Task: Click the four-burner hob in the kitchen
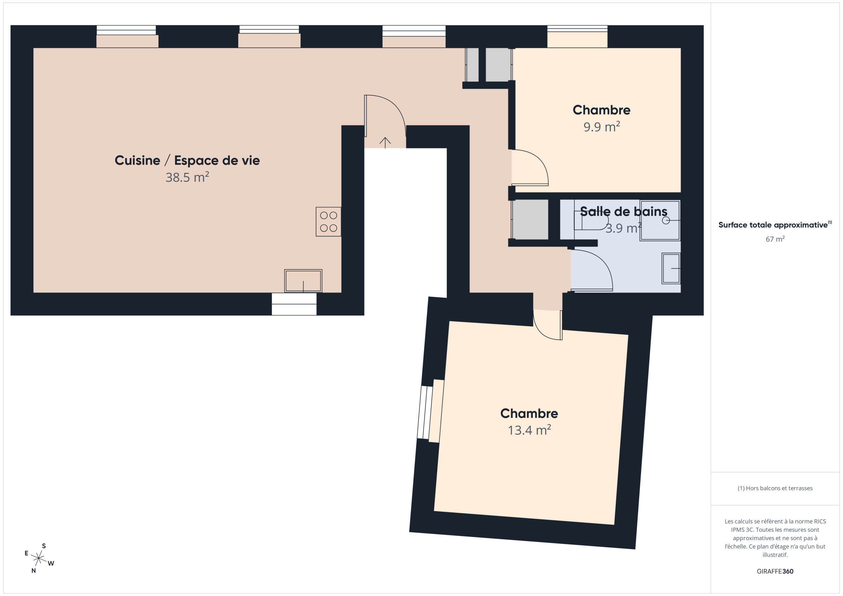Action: [328, 222]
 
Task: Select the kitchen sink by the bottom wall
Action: [303, 281]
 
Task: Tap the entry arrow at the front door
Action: [385, 143]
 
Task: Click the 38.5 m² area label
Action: [187, 177]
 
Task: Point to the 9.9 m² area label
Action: [601, 127]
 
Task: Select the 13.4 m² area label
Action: [529, 430]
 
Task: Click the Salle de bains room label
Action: [623, 211]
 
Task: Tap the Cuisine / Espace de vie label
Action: [187, 160]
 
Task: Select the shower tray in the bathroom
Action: [660, 220]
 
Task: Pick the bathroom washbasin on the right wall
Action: [671, 268]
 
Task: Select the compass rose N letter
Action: [33, 571]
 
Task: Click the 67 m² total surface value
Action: [775, 239]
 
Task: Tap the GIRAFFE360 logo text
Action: [775, 571]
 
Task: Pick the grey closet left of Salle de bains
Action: [530, 220]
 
